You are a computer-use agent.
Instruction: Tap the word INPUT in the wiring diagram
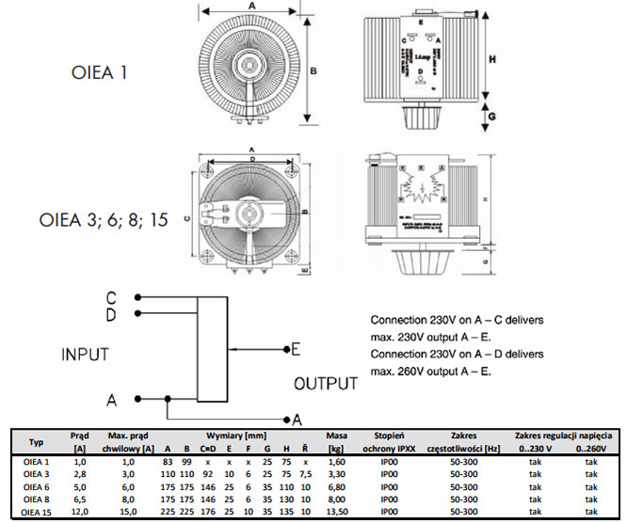(x=87, y=356)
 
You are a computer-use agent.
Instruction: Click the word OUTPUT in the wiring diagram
(x=326, y=384)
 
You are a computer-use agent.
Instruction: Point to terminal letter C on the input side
(x=112, y=297)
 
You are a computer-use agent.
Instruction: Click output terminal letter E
(x=295, y=350)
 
